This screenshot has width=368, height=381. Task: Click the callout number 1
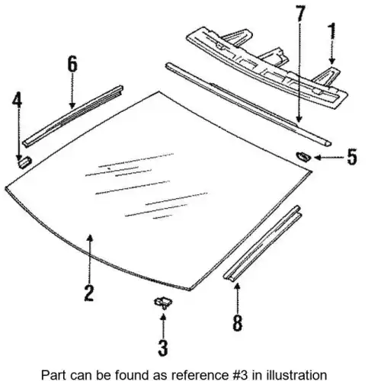coord(332,36)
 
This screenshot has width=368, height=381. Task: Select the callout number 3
coord(163,347)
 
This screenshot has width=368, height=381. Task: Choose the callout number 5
coord(352,157)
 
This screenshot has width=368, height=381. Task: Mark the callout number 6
coord(72,65)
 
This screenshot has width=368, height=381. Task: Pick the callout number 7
coord(300,13)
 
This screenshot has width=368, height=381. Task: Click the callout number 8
coord(238,322)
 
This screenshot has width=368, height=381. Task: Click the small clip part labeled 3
coord(163,303)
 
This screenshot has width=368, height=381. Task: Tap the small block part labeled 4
coord(25,162)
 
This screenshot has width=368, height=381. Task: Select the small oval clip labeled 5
coord(303,155)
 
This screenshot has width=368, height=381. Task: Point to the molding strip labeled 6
coord(73,116)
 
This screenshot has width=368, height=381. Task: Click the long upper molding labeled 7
coord(248,104)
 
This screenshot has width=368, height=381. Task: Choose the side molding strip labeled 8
coord(263,243)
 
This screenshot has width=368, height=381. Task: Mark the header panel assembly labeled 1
coord(267,67)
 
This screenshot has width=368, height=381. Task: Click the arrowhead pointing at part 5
coord(317,158)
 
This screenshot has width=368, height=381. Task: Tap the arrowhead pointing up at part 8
coord(237,287)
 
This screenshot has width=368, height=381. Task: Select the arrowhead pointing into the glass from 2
coord(89,238)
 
